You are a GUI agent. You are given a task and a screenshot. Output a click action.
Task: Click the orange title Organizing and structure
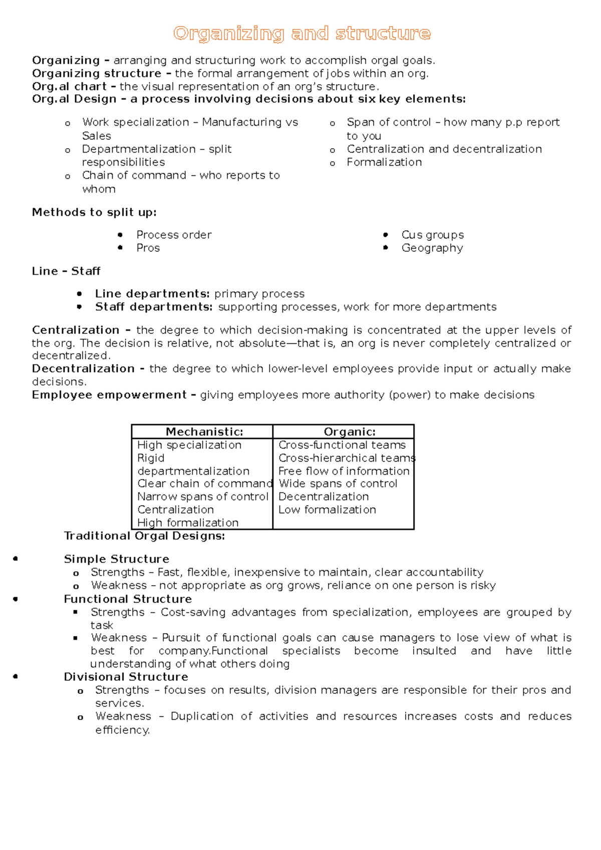(302, 34)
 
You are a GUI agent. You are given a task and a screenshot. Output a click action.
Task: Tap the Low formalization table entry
(327, 510)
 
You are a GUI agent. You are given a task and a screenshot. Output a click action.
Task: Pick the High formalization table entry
(188, 523)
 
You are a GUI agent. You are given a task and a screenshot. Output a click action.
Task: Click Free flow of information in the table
(344, 471)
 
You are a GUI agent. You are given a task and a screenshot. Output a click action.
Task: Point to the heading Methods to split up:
(94, 212)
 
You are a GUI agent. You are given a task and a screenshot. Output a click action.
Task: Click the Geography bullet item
(432, 248)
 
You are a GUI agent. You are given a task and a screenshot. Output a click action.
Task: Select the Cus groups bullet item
(432, 235)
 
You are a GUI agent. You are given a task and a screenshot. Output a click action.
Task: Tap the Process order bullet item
(174, 235)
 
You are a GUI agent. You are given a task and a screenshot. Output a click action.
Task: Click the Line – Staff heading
(66, 271)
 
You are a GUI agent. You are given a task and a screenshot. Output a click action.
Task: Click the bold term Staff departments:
(154, 307)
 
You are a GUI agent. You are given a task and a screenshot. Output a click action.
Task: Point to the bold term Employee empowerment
(109, 395)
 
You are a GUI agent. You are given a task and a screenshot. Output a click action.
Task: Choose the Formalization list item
(384, 162)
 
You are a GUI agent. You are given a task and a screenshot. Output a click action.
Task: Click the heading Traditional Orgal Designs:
(144, 536)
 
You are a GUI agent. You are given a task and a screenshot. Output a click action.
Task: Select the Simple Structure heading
(116, 559)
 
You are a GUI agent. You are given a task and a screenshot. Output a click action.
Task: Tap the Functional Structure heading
(128, 599)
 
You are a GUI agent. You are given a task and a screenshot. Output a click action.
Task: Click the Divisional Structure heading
(126, 677)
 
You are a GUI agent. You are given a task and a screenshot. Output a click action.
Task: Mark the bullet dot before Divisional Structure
(16, 676)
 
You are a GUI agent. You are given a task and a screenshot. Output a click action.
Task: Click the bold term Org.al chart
(69, 86)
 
